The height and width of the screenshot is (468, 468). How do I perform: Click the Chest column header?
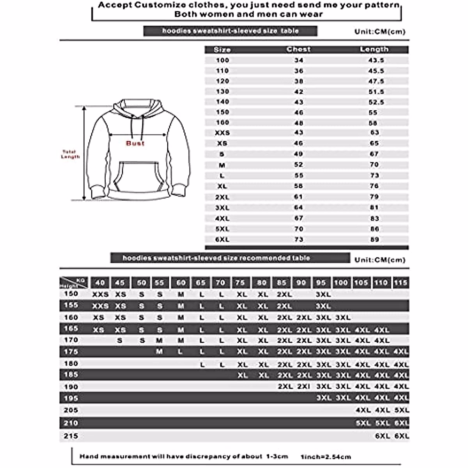pyautogui.click(x=298, y=50)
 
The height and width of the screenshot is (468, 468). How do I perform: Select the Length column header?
pyautogui.click(x=374, y=50)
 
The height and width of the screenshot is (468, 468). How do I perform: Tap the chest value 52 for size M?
pyautogui.click(x=298, y=165)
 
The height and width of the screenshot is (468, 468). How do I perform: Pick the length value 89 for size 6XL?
pyautogui.click(x=374, y=239)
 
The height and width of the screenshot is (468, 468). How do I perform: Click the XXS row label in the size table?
pyautogui.click(x=222, y=133)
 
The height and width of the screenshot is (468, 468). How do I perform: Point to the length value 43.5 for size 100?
pyautogui.click(x=376, y=60)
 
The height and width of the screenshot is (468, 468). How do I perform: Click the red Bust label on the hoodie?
pyautogui.click(x=135, y=144)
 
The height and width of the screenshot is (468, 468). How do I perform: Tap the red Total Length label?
pyautogui.click(x=70, y=154)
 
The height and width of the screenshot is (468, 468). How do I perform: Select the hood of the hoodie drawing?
pyautogui.click(x=137, y=107)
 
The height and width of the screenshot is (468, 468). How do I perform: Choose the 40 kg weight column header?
pyautogui.click(x=100, y=283)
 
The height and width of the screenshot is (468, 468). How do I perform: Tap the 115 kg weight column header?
pyautogui.click(x=401, y=283)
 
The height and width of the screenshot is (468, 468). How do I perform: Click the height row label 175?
pyautogui.click(x=71, y=352)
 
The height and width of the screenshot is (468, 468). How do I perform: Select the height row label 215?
pyautogui.click(x=71, y=436)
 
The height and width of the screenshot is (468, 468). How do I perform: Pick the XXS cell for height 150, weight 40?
pyautogui.click(x=100, y=294)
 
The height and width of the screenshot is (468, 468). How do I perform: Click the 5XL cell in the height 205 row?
pyautogui.click(x=401, y=410)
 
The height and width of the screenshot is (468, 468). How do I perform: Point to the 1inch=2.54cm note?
pyautogui.click(x=326, y=457)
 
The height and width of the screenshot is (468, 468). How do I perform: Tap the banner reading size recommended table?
pyautogui.click(x=230, y=258)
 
